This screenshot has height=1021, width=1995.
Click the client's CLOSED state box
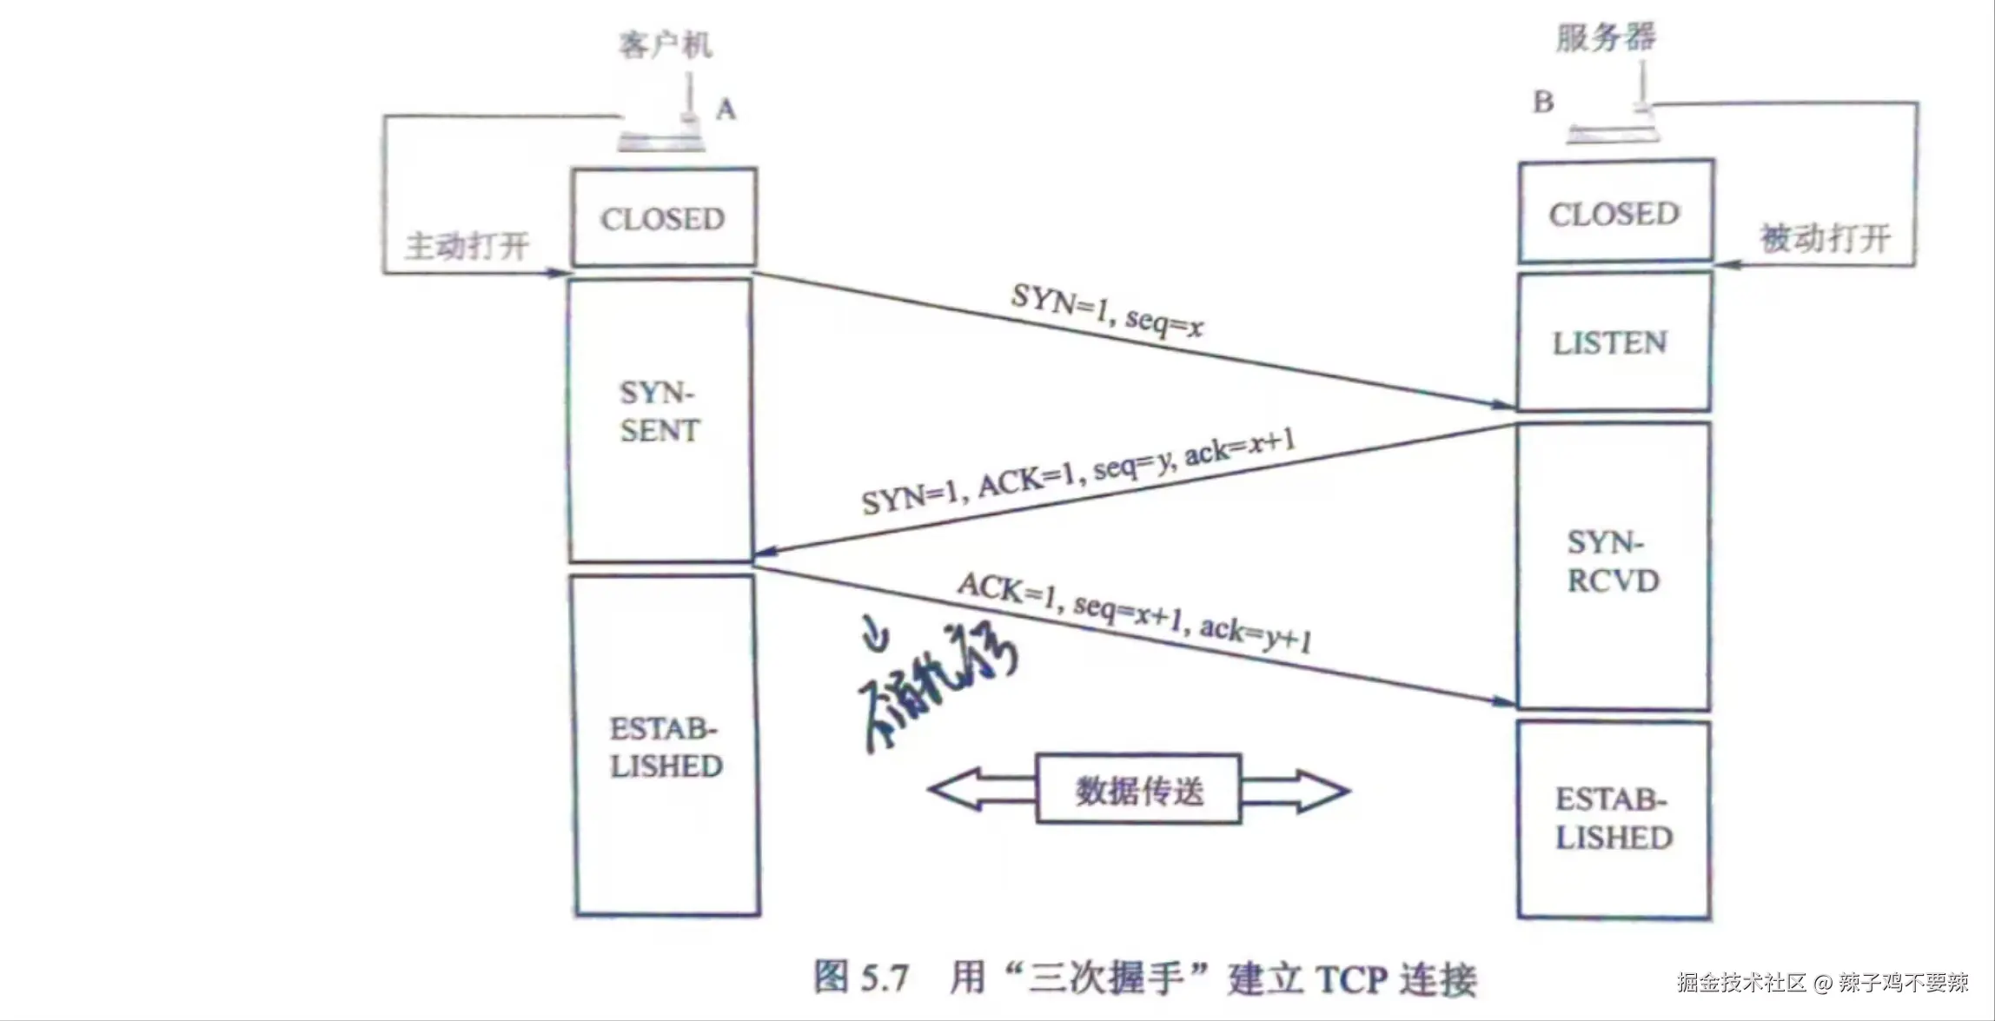pyautogui.click(x=663, y=218)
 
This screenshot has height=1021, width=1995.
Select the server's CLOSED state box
pyautogui.click(x=1615, y=213)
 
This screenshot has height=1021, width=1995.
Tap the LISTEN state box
pyautogui.click(x=1612, y=342)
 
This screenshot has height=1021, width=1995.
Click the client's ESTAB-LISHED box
pyautogui.click(x=666, y=747)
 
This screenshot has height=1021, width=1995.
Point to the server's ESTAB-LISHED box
pyautogui.click(x=1614, y=819)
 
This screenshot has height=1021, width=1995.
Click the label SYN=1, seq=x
pyautogui.click(x=1107, y=310)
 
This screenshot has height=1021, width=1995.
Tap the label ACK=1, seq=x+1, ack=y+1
pyautogui.click(x=1134, y=612)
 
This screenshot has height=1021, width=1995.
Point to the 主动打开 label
pyautogui.click(x=467, y=246)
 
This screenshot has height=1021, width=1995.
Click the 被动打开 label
pyautogui.click(x=1826, y=238)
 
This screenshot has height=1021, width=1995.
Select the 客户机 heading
pyautogui.click(x=665, y=44)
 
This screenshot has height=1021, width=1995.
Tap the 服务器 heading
pyautogui.click(x=1606, y=37)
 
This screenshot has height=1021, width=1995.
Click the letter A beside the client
pyautogui.click(x=726, y=109)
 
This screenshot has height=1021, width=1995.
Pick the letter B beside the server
pyautogui.click(x=1543, y=103)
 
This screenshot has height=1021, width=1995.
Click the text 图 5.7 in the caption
pyautogui.click(x=861, y=978)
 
